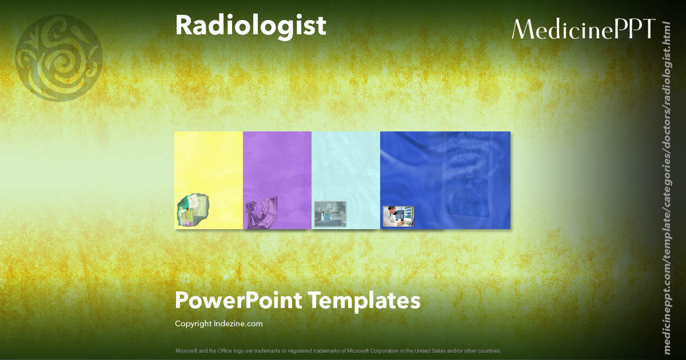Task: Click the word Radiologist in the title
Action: [250, 26]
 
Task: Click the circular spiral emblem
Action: [59, 58]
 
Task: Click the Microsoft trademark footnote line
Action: [338, 350]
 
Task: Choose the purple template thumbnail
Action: [277, 166]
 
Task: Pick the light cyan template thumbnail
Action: [346, 166]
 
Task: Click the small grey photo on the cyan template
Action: [330, 214]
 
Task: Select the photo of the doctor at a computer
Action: [398, 216]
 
